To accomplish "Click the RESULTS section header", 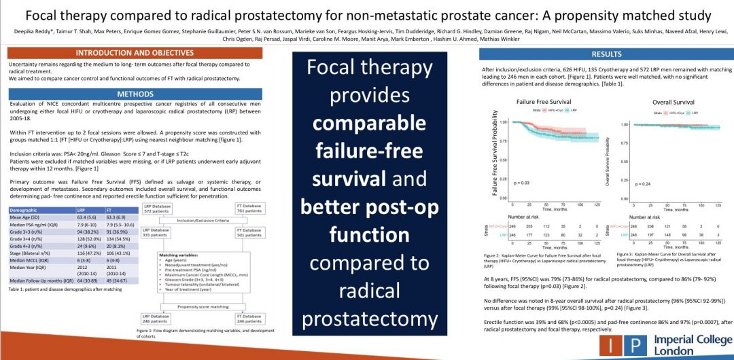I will [x=606, y=54].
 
